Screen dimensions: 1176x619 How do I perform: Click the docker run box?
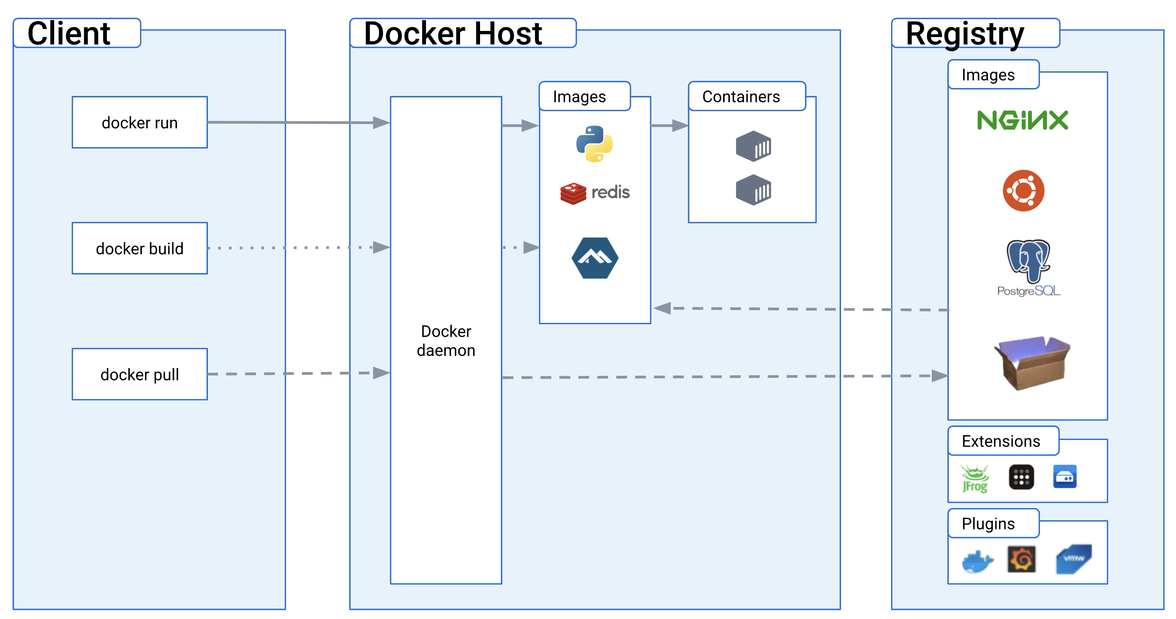point(140,122)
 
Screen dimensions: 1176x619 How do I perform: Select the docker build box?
point(140,248)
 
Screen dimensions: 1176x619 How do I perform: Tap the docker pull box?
point(140,374)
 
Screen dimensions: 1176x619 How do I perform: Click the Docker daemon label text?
point(446,340)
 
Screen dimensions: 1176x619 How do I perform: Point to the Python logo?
point(594,144)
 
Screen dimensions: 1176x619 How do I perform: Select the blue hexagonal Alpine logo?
point(595,258)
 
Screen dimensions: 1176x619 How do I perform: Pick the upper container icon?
point(753,146)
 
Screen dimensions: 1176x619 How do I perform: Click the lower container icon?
point(753,190)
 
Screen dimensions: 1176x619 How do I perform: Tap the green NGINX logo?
point(1023,120)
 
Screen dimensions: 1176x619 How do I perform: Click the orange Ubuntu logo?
point(1023,190)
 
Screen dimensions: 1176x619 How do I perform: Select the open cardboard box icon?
point(1032,363)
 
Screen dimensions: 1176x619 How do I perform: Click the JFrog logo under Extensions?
point(975,478)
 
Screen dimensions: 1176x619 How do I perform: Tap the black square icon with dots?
point(1021,477)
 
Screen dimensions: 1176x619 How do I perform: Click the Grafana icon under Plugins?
point(1022,559)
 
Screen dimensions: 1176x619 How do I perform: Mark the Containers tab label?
point(741,97)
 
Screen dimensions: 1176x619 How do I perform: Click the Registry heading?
point(965,34)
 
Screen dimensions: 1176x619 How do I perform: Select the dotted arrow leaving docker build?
point(299,248)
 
